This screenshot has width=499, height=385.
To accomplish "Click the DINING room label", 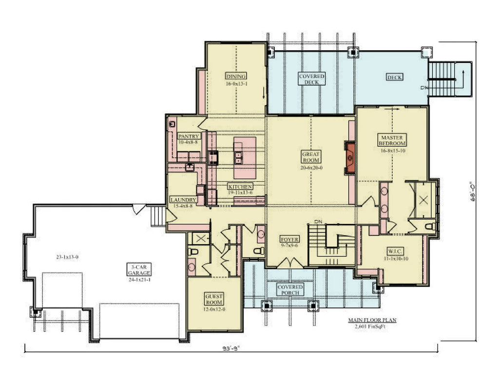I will click(x=236, y=76).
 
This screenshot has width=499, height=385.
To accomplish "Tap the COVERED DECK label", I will click(x=311, y=79).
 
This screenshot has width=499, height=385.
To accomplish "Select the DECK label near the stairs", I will click(x=394, y=77).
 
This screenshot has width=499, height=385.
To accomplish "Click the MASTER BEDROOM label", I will click(x=392, y=141).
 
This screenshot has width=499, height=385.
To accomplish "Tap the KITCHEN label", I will click(x=241, y=187).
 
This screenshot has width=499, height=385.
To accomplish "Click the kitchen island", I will click(x=245, y=157).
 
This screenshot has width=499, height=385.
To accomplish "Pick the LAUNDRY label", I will click(x=184, y=200).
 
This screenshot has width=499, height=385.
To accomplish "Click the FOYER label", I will click(x=289, y=240).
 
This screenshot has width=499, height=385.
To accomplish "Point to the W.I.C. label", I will click(x=394, y=252).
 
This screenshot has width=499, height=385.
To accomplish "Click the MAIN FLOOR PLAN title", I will click(x=372, y=320).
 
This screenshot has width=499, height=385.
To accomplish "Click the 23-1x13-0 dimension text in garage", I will click(x=67, y=256).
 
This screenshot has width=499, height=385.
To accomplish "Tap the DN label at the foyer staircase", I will click(x=319, y=222).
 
